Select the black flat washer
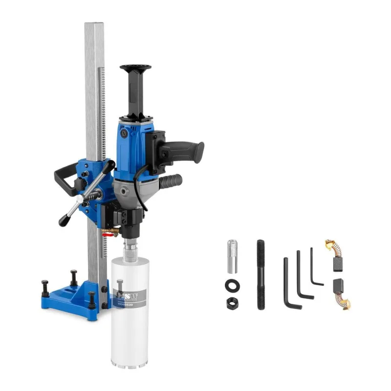tap(231, 284)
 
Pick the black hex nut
tap(231, 302)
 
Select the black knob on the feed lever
tap(63, 221)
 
